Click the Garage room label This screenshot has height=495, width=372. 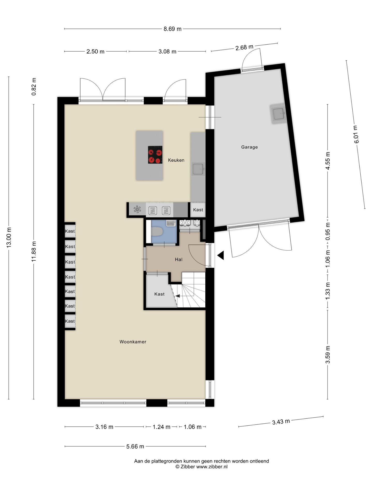(249, 147)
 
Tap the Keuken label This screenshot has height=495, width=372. (176, 160)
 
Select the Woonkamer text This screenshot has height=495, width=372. (133, 342)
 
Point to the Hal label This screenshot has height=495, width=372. (179, 259)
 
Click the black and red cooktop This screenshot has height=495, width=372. (155, 155)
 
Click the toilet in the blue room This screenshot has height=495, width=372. (157, 232)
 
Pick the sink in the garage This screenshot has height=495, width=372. (278, 114)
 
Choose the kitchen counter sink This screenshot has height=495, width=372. (198, 169)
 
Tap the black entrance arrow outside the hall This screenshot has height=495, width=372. (220, 255)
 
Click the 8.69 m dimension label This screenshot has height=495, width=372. (172, 29)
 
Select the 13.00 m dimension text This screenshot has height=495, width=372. (9, 237)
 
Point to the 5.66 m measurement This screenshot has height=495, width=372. (135, 446)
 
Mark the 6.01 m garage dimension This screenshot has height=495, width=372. (356, 134)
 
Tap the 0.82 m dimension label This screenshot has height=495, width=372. (34, 86)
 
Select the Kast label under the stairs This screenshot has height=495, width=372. (159, 294)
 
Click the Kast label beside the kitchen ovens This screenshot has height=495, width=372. (198, 210)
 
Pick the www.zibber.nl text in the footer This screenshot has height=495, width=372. (212, 467)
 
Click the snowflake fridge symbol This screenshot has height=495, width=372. (137, 209)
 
